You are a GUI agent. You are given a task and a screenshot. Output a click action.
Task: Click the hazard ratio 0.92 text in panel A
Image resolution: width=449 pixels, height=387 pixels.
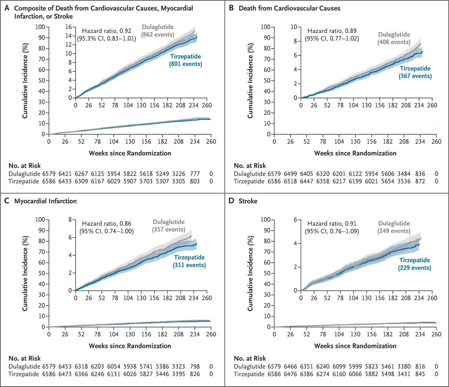click(107, 31)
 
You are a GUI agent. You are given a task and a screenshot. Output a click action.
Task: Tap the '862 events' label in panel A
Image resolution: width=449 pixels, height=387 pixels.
click(158, 35)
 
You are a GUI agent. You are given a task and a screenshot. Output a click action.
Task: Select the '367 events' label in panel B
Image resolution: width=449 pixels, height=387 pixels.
click(415, 76)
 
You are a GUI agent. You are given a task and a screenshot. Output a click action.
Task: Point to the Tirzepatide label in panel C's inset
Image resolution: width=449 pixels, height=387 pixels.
click(189, 257)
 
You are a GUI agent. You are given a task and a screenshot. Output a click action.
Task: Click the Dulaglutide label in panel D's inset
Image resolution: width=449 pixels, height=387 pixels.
click(394, 223)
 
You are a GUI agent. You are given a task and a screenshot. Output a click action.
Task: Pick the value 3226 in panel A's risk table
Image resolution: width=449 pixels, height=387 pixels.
click(178, 174)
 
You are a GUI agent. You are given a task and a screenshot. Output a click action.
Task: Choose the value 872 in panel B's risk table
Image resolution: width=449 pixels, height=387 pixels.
click(420, 181)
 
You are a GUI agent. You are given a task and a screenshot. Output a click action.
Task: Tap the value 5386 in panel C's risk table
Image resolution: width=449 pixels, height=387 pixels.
click(162, 366)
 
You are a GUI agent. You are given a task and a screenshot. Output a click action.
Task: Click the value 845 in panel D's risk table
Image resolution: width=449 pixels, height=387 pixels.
click(420, 374)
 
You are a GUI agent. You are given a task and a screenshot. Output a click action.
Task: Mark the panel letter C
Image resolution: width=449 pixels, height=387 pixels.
click(7, 201)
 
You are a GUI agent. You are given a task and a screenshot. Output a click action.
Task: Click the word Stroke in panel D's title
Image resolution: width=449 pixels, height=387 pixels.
click(248, 201)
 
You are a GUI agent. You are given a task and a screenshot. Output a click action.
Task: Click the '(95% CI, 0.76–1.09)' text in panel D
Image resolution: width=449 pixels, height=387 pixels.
click(332, 231)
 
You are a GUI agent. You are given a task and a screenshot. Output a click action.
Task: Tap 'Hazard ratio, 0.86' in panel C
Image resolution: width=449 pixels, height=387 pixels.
click(107, 224)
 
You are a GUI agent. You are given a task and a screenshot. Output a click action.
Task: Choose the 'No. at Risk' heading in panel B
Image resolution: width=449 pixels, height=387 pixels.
click(250, 166)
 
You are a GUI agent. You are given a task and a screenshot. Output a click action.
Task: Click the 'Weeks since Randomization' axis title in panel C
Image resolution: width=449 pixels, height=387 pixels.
click(130, 346)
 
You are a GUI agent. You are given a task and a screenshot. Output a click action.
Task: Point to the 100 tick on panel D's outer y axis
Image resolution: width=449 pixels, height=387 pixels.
click(266, 219)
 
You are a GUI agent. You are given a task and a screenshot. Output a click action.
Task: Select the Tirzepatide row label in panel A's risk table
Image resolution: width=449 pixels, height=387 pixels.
click(24, 181)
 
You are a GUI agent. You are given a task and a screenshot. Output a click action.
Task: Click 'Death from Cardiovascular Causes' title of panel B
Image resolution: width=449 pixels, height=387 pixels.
click(290, 8)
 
